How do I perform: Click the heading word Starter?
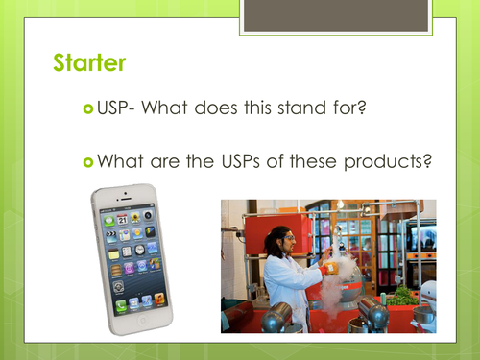click(87, 65)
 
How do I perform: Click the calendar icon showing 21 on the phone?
click(124, 221)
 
